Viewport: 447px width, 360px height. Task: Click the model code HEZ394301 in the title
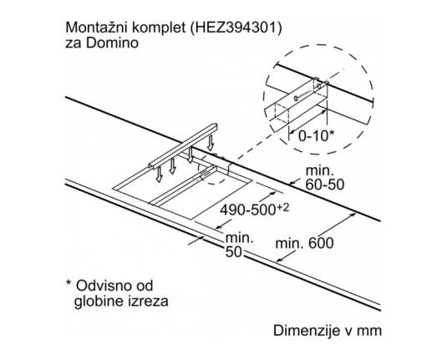point(235,28)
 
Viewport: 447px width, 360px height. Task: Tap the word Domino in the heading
point(112,43)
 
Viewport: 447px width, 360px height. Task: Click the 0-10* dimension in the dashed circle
point(316,136)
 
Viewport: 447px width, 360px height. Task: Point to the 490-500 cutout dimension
point(248,210)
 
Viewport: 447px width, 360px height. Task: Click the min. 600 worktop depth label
point(304,243)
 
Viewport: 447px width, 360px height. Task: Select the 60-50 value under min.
point(325,185)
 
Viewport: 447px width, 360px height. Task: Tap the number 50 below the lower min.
point(233,252)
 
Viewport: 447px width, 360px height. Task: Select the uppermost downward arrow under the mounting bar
point(211,143)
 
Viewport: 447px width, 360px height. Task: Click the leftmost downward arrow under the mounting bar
point(159,175)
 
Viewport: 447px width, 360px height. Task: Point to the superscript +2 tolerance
point(282,207)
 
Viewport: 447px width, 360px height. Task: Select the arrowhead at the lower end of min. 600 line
point(280,260)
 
